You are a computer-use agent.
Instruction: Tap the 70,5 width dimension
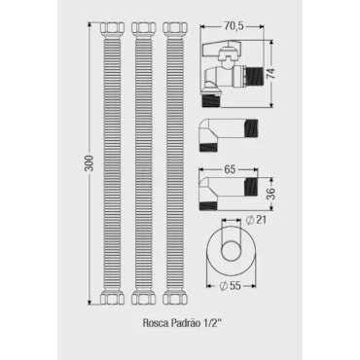(x=234, y=26)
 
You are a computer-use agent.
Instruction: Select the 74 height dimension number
(x=271, y=74)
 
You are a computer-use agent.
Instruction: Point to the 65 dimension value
(x=230, y=170)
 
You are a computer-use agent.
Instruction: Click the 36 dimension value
(x=271, y=194)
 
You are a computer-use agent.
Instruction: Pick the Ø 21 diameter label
(x=256, y=220)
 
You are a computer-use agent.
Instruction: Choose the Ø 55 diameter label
(x=230, y=286)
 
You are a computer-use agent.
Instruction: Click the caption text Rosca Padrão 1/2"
(x=182, y=323)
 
